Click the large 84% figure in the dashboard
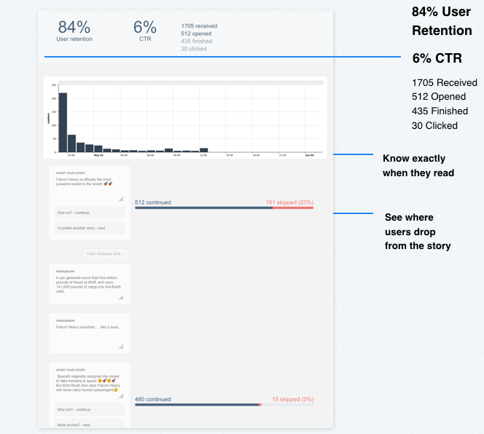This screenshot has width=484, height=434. (x=74, y=27)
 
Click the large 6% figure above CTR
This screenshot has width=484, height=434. (x=145, y=27)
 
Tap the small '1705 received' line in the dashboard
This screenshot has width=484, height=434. (x=199, y=26)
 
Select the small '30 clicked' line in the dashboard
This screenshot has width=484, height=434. (x=194, y=49)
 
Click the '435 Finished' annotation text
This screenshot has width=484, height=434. (x=440, y=111)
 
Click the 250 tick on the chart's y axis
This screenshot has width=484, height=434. (x=54, y=85)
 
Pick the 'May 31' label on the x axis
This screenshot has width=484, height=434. (x=98, y=155)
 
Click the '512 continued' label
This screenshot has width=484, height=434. (x=153, y=202)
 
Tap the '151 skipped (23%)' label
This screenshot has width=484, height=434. (x=289, y=202)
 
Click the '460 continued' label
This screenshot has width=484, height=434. (x=153, y=399)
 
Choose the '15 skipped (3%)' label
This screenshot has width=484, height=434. (x=292, y=399)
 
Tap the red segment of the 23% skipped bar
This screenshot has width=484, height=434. (x=293, y=208)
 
